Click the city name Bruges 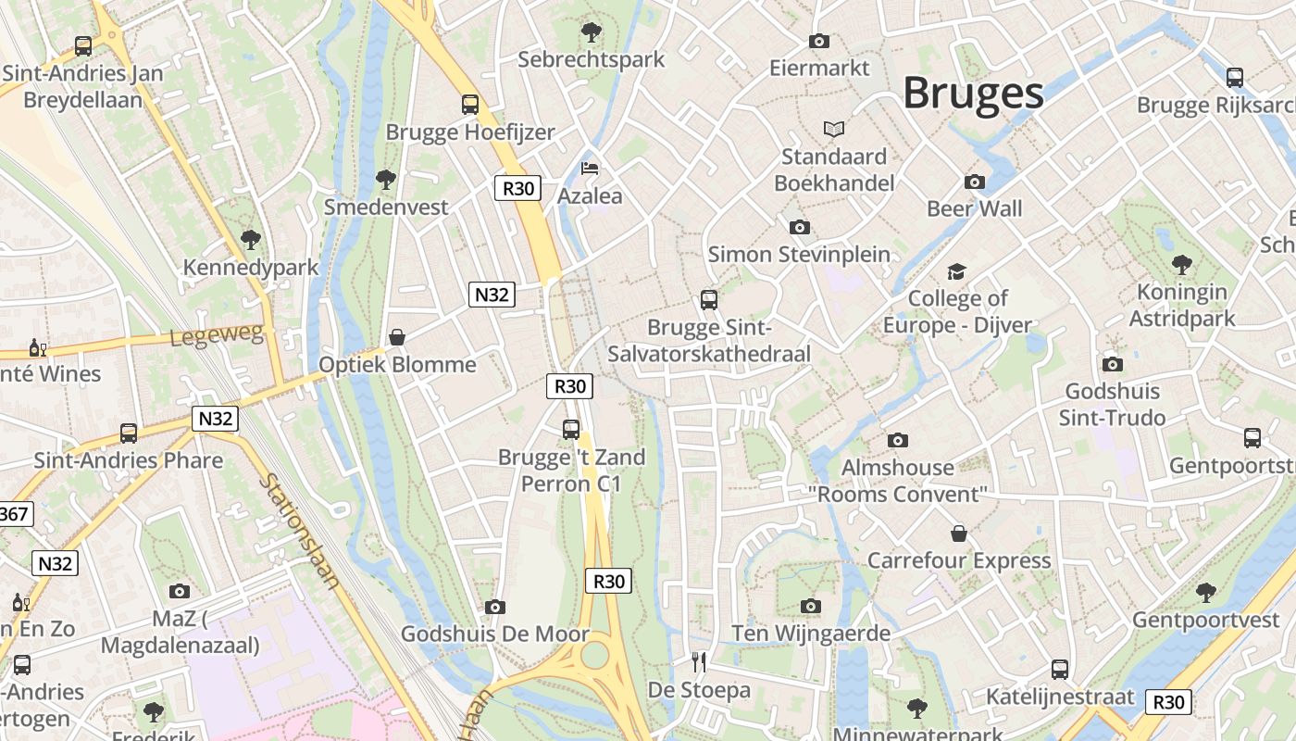(x=973, y=94)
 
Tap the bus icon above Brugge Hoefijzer (x=470, y=105)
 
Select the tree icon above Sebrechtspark (x=591, y=32)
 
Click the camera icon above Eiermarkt (x=819, y=41)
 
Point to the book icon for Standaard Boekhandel (x=834, y=129)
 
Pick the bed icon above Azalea (x=590, y=169)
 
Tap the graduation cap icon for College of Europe (x=956, y=271)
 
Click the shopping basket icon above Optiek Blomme (x=397, y=337)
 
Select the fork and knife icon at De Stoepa (x=699, y=661)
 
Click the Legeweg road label (x=217, y=334)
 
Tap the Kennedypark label (x=251, y=268)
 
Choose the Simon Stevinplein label (x=799, y=254)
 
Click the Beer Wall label (x=975, y=208)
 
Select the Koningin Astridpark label (x=1182, y=305)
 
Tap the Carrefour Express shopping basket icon (x=959, y=534)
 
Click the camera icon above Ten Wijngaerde (x=811, y=607)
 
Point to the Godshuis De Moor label (x=494, y=634)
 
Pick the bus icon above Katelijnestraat (x=1060, y=669)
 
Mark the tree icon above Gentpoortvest (x=1205, y=592)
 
